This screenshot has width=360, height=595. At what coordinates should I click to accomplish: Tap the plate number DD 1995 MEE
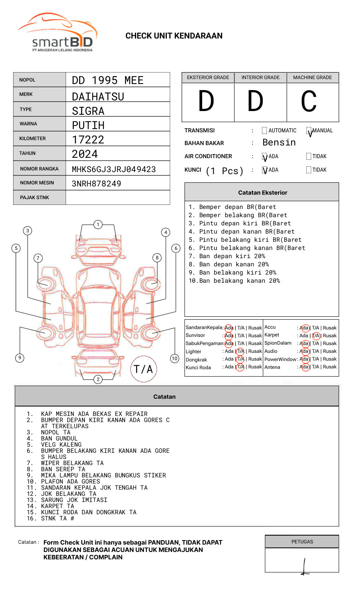tap(107, 80)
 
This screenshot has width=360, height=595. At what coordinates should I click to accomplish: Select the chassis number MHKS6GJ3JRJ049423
tap(114, 169)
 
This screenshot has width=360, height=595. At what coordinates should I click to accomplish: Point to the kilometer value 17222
tap(88, 140)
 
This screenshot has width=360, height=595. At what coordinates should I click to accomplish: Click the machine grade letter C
tap(308, 102)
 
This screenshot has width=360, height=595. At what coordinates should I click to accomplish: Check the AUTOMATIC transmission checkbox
tap(264, 131)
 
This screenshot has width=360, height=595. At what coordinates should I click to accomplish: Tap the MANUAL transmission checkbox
tap(309, 131)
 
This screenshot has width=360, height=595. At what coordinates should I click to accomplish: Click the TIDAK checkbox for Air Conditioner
tap(309, 157)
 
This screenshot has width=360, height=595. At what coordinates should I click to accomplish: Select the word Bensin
tap(279, 143)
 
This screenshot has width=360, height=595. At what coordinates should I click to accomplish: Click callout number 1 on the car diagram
tap(98, 225)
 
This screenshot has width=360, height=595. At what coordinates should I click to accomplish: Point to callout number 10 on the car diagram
tap(175, 359)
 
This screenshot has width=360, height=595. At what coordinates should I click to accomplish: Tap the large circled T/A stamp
tap(144, 369)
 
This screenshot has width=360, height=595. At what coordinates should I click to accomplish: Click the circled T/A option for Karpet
tap(316, 336)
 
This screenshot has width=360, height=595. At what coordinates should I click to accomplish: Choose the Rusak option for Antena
tap(330, 367)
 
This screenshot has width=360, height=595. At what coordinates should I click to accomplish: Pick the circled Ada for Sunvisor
tap(229, 336)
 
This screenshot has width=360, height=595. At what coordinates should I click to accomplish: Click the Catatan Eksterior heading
tap(262, 193)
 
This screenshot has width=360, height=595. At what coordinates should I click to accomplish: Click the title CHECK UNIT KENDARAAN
tap(174, 36)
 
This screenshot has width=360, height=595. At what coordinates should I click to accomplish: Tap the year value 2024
tap(85, 154)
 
